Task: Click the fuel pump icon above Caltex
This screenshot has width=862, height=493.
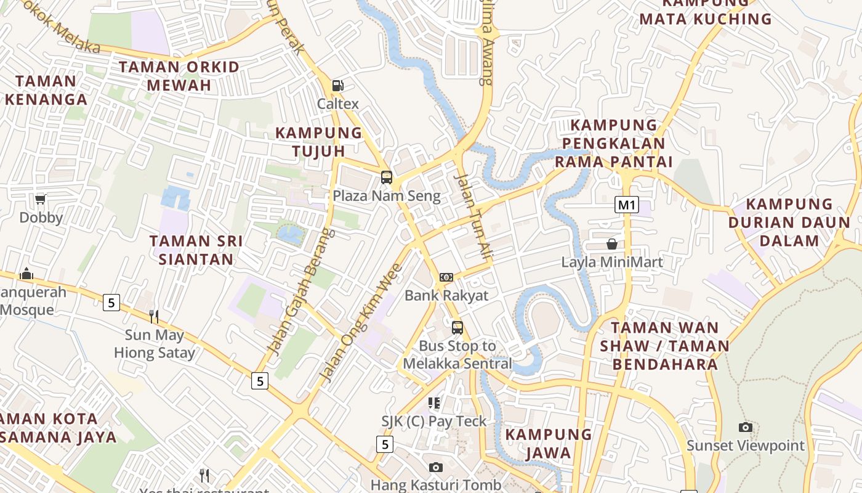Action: tap(337, 86)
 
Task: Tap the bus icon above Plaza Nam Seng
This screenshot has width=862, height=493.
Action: tap(387, 177)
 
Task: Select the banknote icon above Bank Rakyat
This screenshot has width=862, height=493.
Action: tap(446, 277)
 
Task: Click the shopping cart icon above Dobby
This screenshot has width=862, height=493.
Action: tap(41, 199)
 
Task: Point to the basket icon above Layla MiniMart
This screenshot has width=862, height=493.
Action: tap(612, 244)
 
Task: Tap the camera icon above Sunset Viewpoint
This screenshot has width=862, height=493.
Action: tap(746, 427)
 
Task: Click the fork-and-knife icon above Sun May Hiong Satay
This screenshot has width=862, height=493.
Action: tap(154, 317)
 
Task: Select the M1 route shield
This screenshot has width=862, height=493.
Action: tap(626, 205)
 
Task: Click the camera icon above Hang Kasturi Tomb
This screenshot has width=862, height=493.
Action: tap(436, 467)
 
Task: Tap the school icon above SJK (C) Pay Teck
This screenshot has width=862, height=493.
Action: tap(434, 403)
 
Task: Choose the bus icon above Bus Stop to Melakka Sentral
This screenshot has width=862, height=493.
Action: tap(457, 328)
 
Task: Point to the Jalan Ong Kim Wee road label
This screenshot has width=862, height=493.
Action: tap(361, 322)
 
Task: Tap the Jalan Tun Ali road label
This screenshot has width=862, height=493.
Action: tap(474, 216)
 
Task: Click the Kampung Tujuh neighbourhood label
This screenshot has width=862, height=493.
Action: tap(319, 142)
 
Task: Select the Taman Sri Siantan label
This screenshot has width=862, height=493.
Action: tap(196, 250)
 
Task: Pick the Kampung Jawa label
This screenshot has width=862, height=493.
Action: tap(549, 444)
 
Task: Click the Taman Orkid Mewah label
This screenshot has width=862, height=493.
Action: tap(179, 76)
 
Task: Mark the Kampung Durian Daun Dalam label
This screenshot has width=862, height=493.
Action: tap(789, 222)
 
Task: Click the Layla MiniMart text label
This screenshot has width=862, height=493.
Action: tap(612, 263)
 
